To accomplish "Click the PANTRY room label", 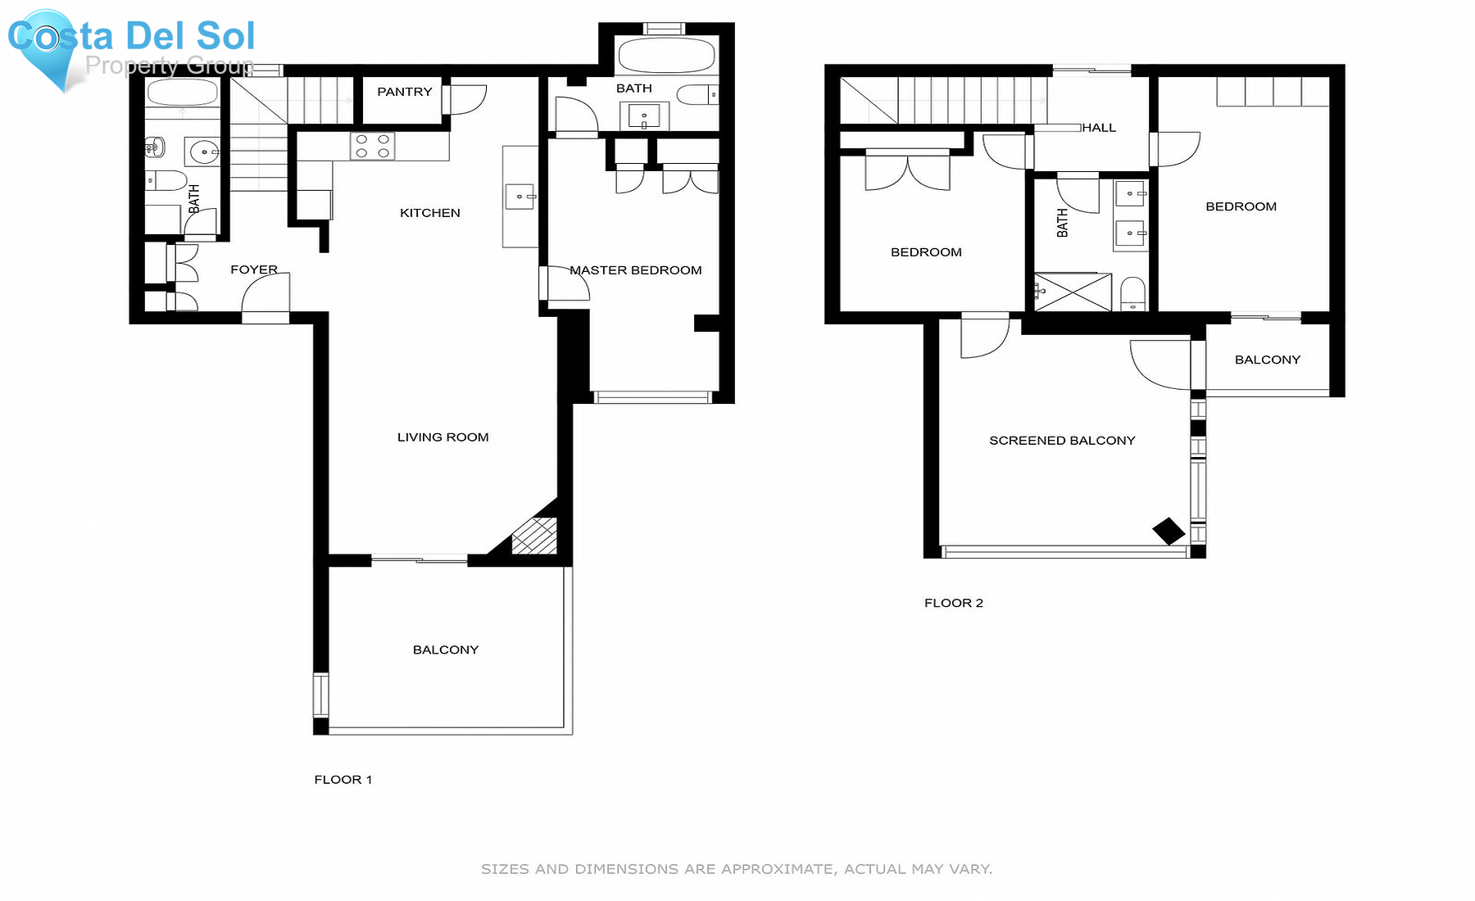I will coord(404,92).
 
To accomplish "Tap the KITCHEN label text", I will coord(429,213).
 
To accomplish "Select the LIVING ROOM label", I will coord(442,437).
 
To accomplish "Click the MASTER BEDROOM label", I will coord(636,270).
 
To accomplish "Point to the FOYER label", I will coord(253,269).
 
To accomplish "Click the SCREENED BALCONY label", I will coord(1062,441).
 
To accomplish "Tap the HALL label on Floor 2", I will coord(1099,128).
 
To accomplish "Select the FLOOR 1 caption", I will coord(343,780).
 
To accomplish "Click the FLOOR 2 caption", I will coord(953,603).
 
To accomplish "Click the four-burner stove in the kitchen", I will coord(372,147).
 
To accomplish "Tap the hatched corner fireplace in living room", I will coord(533,537).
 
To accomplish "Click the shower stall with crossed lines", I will coord(1072,292).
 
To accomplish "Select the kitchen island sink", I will coord(520,197).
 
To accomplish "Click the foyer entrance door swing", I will coord(264,295).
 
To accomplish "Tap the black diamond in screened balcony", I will coord(1169,531).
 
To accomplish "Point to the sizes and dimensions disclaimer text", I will coord(736,869).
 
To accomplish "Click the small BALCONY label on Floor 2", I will coord(1267,360).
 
